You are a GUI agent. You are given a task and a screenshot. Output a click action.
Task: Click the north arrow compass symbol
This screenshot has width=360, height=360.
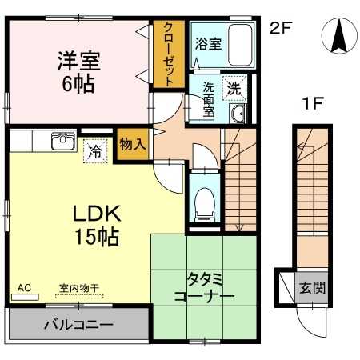click(x=339, y=36)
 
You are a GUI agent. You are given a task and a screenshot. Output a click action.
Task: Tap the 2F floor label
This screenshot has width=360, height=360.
click(x=281, y=28)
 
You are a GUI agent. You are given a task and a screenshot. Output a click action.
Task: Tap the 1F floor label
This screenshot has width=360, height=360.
click(x=312, y=103)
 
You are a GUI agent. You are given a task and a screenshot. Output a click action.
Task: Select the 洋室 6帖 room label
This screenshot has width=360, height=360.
click(x=78, y=72)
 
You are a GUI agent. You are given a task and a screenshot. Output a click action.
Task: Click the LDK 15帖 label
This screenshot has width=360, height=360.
click(x=97, y=225)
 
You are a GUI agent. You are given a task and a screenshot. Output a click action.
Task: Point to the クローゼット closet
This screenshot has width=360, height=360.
click(x=169, y=54)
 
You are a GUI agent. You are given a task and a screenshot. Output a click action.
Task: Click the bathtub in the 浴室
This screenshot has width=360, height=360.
click(x=240, y=46)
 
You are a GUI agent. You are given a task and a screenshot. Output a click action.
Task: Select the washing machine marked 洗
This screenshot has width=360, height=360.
click(x=234, y=88)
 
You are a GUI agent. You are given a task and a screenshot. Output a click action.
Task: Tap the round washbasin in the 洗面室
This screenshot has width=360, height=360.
click(x=238, y=114)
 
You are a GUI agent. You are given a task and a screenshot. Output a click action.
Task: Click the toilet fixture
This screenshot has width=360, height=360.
click(x=205, y=205)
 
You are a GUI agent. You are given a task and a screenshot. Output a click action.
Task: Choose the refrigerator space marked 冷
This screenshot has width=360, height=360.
click(x=95, y=151)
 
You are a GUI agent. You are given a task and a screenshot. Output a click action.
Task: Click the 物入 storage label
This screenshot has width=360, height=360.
click(x=133, y=144)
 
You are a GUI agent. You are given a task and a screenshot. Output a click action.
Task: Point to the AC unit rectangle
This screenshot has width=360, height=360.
click(x=25, y=297)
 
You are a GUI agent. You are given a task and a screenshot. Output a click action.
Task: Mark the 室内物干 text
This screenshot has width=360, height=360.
click(x=79, y=288)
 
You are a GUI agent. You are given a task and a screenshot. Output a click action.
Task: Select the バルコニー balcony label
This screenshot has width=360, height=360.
click(x=78, y=325)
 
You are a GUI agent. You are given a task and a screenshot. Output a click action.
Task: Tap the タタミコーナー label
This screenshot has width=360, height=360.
click(x=204, y=288)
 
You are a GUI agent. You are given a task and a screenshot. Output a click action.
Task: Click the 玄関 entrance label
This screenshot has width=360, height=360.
click(x=313, y=288)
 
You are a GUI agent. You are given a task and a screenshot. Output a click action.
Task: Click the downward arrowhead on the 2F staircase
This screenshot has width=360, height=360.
click(x=239, y=227)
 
